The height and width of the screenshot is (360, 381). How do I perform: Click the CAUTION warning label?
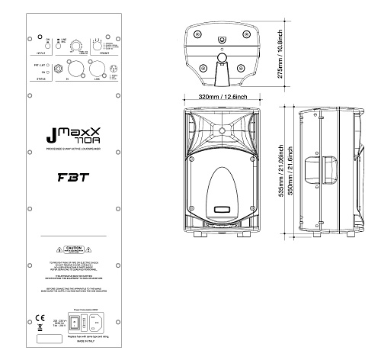[73, 250]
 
